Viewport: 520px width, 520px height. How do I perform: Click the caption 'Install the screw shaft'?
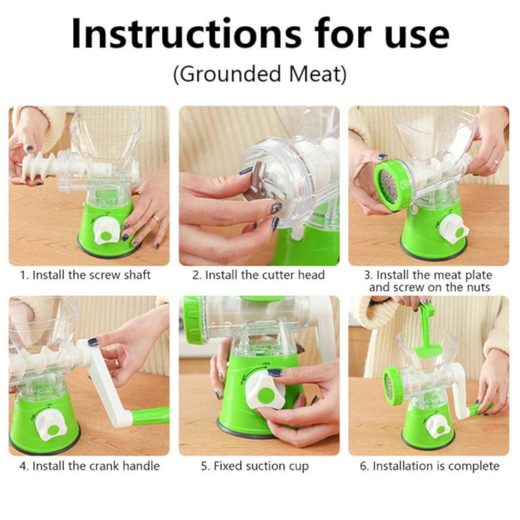(92, 275)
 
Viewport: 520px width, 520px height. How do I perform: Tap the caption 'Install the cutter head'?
(265, 275)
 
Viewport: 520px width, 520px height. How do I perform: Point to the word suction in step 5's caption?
(266, 466)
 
